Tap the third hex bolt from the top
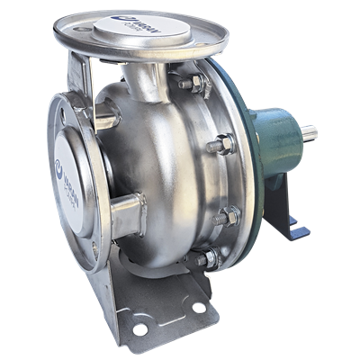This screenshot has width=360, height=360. click(x=229, y=214)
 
